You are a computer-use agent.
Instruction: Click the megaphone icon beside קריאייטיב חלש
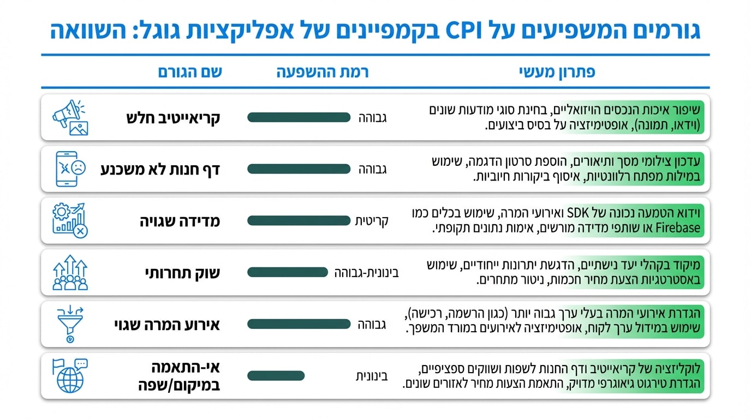tap(70, 117)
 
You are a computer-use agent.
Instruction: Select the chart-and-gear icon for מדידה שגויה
tap(70, 221)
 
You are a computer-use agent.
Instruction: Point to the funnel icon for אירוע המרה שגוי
tap(70, 325)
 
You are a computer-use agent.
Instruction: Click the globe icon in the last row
tap(70, 376)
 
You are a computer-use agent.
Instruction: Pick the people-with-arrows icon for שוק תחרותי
tap(70, 273)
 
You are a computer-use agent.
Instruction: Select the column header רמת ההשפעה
tap(323, 72)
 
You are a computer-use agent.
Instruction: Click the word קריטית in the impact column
tap(371, 221)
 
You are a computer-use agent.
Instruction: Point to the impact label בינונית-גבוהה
tap(367, 273)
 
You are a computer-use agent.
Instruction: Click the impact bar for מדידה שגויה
tap(298, 221)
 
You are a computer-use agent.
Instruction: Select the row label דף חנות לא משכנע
tap(160, 169)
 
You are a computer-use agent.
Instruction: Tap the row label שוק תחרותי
tap(182, 273)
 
